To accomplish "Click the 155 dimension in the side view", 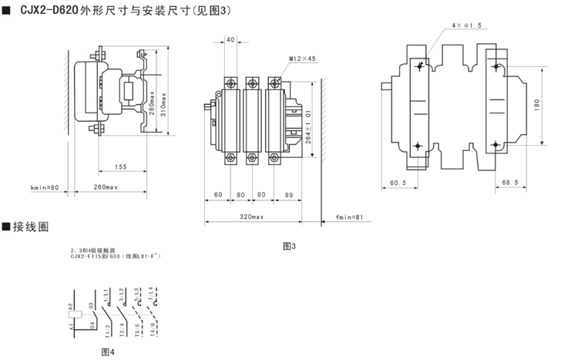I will click(x=121, y=167).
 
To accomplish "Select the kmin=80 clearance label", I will click(x=45, y=187).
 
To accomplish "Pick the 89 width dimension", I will click(x=288, y=194).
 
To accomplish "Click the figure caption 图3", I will click(x=290, y=246).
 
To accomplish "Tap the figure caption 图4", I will click(x=108, y=352).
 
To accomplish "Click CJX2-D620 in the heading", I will click(x=49, y=11).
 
